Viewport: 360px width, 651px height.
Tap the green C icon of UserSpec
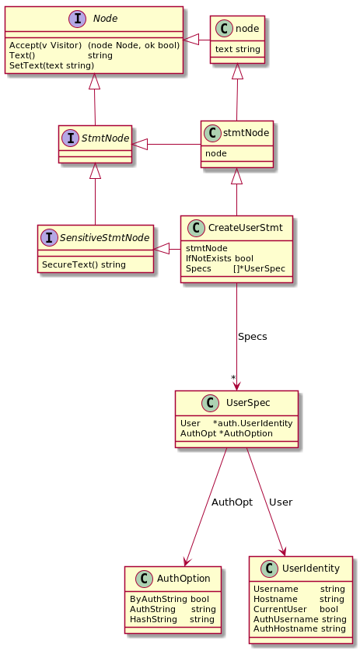click(x=211, y=403)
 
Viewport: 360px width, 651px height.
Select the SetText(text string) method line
click(x=52, y=65)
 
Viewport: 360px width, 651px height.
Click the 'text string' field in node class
click(x=237, y=50)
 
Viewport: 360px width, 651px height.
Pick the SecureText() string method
click(x=84, y=264)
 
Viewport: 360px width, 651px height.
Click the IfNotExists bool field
click(x=219, y=258)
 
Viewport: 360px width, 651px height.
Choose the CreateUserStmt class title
click(x=246, y=228)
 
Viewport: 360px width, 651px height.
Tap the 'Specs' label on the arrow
click(x=253, y=337)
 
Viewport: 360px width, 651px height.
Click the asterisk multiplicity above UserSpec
click(x=233, y=377)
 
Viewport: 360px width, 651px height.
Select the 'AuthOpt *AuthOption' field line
click(x=226, y=433)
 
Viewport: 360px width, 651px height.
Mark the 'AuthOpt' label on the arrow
click(x=232, y=502)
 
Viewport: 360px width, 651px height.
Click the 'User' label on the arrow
click(x=281, y=502)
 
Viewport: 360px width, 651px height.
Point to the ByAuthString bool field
click(x=170, y=599)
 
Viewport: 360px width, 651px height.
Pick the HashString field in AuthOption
click(x=172, y=619)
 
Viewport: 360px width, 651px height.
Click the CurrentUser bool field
click(x=295, y=609)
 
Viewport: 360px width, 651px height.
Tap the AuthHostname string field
click(x=299, y=628)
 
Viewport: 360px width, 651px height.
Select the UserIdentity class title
click(x=310, y=569)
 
